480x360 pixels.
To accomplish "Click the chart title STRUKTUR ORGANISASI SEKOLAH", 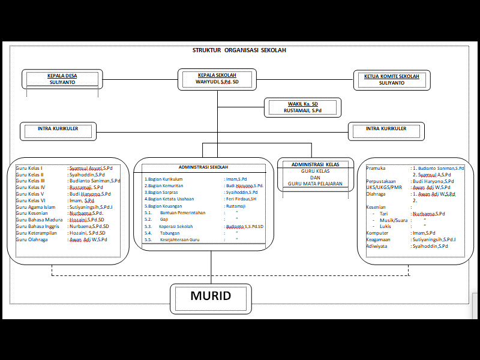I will point(239,50).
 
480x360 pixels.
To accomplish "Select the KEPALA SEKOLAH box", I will point(217,79).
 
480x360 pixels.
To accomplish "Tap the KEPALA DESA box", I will point(62,79).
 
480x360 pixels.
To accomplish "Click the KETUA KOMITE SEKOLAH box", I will point(391,80).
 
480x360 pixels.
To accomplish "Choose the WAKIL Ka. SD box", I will point(302,107).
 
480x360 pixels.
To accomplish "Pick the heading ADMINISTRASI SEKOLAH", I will point(203,167).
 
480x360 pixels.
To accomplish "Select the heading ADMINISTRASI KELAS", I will point(315,164).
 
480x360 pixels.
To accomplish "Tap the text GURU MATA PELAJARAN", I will point(315,183).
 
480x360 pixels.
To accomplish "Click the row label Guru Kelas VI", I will point(31,200).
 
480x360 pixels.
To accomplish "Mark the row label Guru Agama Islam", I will point(35,207).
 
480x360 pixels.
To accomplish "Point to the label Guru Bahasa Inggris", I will point(37,226).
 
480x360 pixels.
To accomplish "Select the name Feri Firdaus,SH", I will point(241,199).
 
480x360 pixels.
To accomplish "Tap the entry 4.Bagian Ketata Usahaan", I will point(169,199).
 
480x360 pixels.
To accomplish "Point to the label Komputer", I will point(377,233).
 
